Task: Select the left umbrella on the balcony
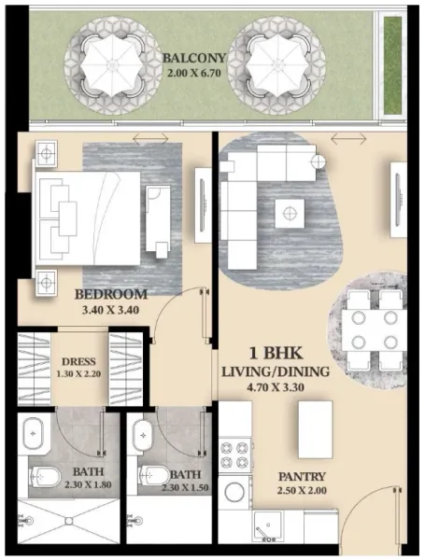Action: pos(109,63)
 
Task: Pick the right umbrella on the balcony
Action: pos(277,63)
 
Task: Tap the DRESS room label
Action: pos(77,360)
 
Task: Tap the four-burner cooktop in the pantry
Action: pos(235,455)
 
